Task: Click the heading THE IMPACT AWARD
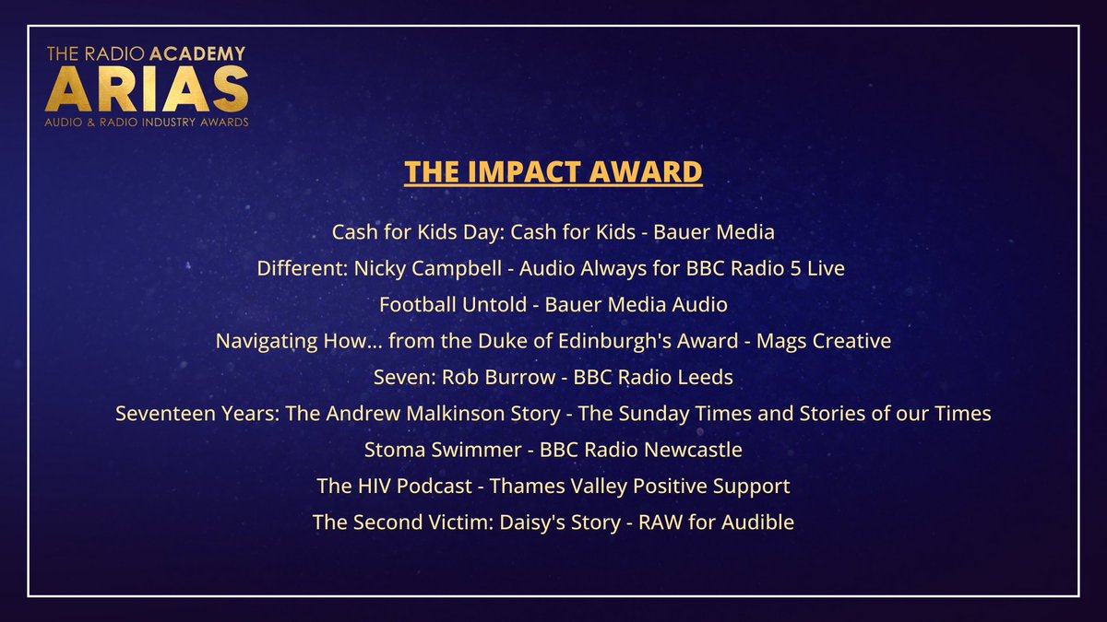click(x=553, y=172)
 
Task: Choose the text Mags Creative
click(x=824, y=341)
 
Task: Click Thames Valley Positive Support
click(x=639, y=486)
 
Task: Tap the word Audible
click(x=756, y=522)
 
